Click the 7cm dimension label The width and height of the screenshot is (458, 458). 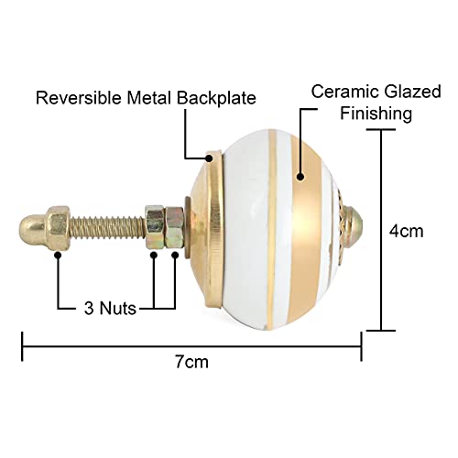coord(191,362)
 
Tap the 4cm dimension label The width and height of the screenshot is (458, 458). coord(406,231)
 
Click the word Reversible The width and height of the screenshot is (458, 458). coord(79,98)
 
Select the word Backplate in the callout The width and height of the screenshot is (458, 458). coord(216,98)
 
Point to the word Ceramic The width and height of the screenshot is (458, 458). coord(345,92)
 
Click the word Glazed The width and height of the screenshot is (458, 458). coord(412,92)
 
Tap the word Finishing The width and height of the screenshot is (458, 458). coord(376,114)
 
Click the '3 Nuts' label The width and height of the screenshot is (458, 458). coord(110,308)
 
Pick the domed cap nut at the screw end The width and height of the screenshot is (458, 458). coord(45,228)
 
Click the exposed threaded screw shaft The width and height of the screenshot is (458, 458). coord(108,227)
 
